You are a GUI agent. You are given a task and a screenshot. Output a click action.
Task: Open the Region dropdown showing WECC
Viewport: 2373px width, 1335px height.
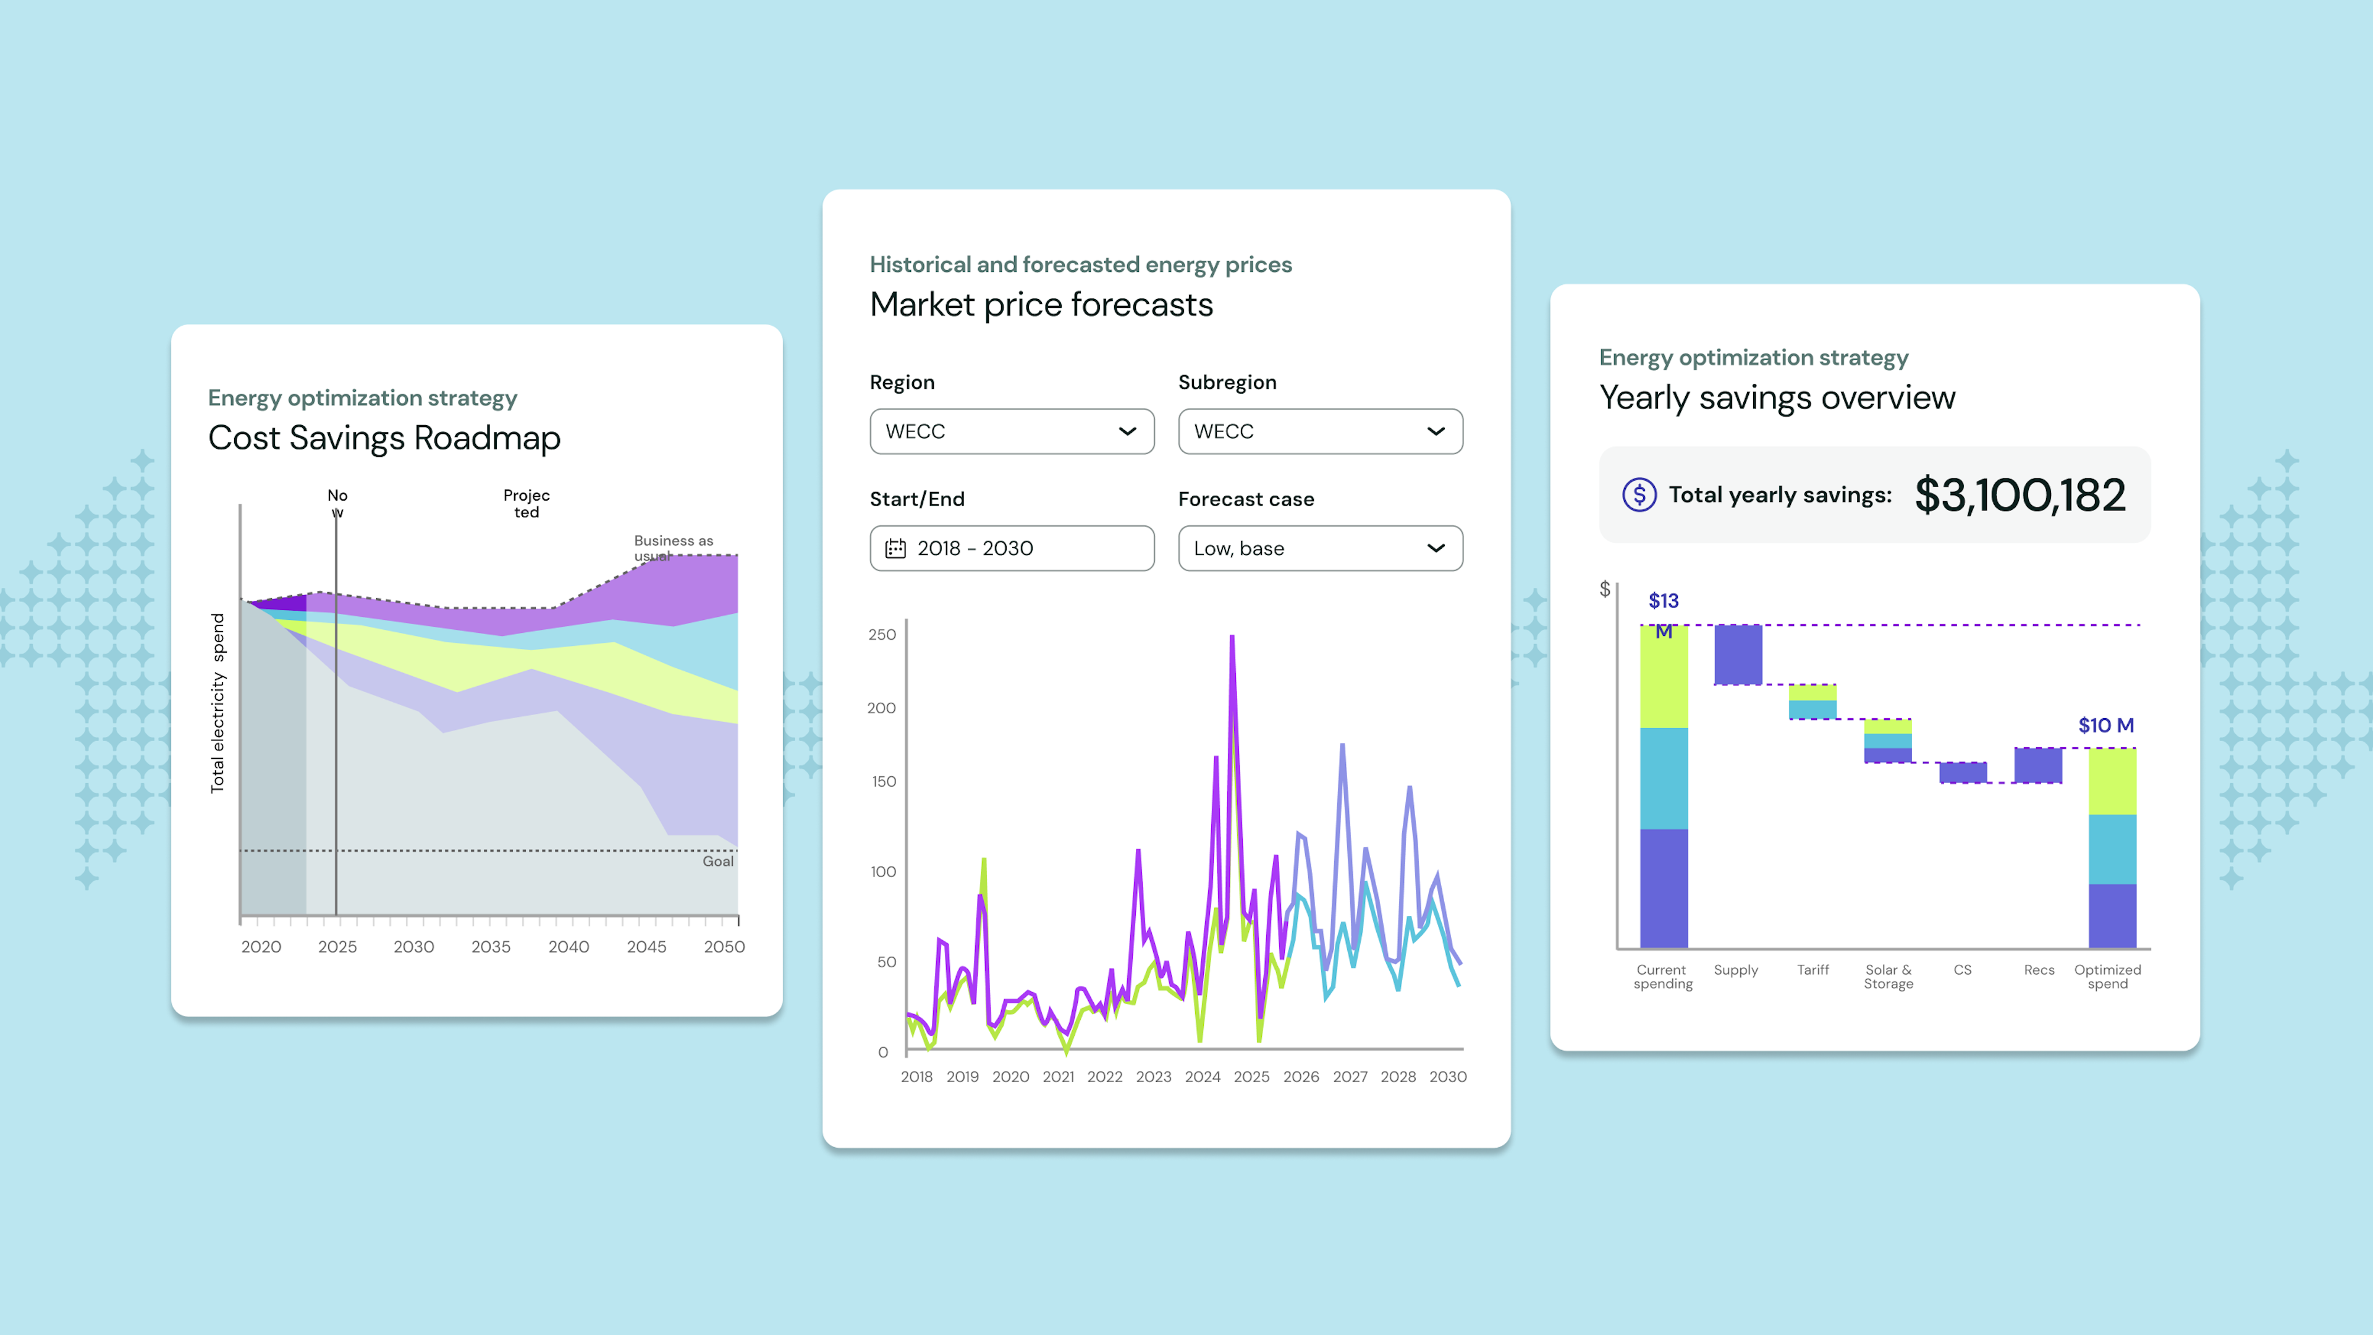pyautogui.click(x=1012, y=431)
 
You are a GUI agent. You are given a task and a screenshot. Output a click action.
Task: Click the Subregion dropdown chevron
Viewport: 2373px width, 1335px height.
pyautogui.click(x=1435, y=431)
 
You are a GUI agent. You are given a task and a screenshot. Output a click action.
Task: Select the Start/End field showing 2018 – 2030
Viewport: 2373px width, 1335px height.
pyautogui.click(x=1012, y=548)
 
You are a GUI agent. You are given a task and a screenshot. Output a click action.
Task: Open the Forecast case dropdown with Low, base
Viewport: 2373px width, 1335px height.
pyautogui.click(x=1319, y=548)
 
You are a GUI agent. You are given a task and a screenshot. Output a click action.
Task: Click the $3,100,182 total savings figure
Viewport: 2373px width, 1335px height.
pyautogui.click(x=2020, y=496)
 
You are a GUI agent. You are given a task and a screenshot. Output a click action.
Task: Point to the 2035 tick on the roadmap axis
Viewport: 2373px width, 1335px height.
pyautogui.click(x=491, y=946)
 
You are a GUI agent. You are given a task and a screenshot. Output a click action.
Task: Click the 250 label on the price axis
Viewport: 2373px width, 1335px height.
pyautogui.click(x=882, y=635)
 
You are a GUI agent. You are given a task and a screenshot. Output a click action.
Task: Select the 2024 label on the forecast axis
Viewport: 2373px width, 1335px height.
pyautogui.click(x=1202, y=1076)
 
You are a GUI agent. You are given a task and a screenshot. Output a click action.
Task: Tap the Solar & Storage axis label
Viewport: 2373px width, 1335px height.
pyautogui.click(x=1887, y=977)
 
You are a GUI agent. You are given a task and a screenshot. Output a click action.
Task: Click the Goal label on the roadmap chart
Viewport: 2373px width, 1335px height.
pyautogui.click(x=717, y=862)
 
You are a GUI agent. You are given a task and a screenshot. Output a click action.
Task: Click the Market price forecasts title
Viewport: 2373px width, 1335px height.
pyautogui.click(x=1041, y=305)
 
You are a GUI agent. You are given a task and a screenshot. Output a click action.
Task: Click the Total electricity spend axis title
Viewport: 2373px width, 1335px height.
pyautogui.click(x=218, y=703)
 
